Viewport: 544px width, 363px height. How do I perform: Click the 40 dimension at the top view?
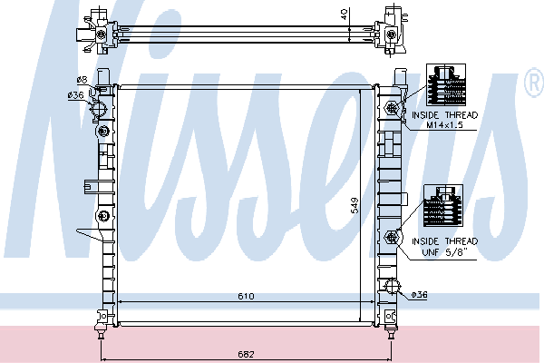[368, 15]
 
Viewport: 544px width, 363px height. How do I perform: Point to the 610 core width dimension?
[247, 297]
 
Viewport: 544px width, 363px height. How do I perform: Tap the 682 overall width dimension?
[247, 353]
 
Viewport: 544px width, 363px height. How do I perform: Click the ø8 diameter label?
[81, 80]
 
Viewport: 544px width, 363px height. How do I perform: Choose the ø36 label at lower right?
[419, 294]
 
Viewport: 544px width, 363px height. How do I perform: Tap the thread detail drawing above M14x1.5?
[444, 86]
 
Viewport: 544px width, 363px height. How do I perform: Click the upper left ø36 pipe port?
[100, 111]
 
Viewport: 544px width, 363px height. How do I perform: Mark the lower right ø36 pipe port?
[393, 289]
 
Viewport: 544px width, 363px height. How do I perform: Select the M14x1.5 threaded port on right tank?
[393, 109]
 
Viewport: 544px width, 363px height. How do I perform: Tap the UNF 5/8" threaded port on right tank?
[393, 238]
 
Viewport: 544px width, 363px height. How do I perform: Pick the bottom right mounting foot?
[391, 317]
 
